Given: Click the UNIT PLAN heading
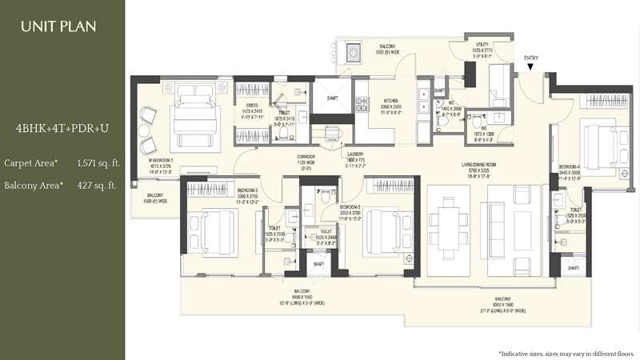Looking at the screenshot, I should tap(58, 26).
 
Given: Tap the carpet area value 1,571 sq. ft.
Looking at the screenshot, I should tap(98, 163).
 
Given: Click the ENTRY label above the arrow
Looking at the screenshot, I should tap(531, 58).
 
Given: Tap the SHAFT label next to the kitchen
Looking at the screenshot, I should tap(332, 99).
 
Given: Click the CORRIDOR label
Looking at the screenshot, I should tap(305, 156).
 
